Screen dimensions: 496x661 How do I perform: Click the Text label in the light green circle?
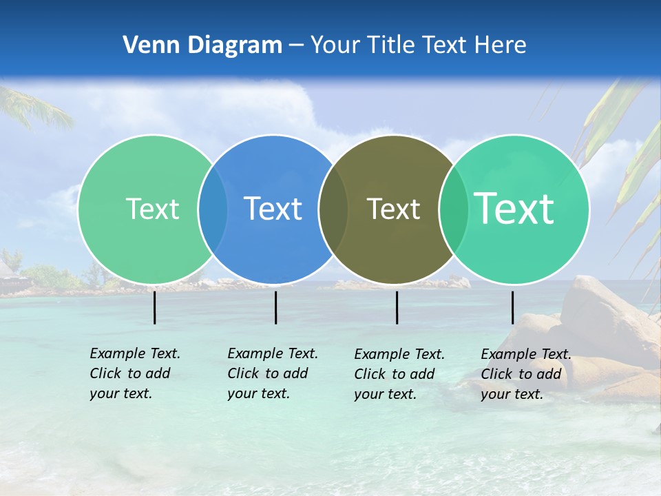[152, 209]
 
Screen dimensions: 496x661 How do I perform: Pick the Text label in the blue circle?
[273, 209]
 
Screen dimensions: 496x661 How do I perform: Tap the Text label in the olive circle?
[393, 209]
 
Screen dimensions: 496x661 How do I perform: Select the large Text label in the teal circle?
[514, 208]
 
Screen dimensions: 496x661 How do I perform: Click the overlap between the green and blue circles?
[213, 209]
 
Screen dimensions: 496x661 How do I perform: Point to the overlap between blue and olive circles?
[334, 209]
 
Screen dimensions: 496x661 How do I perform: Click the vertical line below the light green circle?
[154, 307]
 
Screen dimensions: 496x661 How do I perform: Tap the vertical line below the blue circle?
[275, 307]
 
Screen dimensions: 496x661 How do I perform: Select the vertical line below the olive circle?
[397, 307]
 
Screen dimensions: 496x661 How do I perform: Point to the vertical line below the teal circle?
[512, 307]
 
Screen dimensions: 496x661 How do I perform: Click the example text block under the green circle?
[134, 373]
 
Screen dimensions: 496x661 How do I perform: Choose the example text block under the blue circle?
[272, 373]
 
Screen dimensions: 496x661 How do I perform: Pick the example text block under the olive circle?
[399, 374]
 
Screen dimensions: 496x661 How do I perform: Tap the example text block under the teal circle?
[525, 374]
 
